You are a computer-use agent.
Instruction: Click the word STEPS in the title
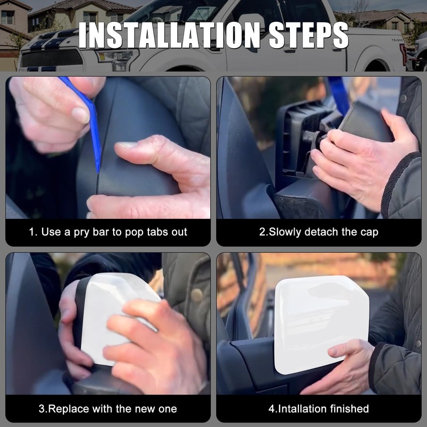[303, 36]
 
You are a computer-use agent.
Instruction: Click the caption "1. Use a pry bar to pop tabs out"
[108, 232]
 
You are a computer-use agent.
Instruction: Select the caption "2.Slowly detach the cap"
[319, 232]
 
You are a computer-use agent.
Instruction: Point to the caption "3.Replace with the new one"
[108, 409]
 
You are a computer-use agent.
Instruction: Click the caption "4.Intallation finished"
[319, 409]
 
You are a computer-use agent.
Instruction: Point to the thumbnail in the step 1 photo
[127, 145]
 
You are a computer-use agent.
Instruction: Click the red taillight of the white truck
[403, 53]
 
